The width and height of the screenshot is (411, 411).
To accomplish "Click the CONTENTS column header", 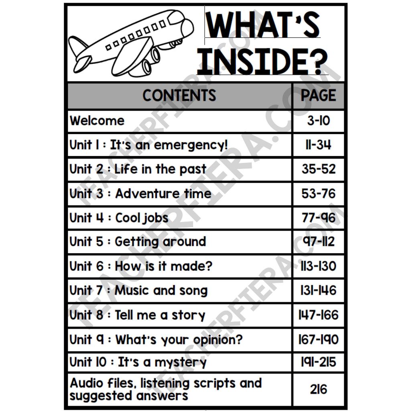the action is [179, 96].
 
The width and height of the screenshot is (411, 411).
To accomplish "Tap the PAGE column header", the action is [318, 96].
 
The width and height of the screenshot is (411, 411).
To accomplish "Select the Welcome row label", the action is [97, 120].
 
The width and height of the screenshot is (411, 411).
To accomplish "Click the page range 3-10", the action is [318, 120].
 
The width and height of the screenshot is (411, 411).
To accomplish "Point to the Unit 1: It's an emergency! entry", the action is [149, 145].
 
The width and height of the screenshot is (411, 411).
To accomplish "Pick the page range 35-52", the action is [318, 169].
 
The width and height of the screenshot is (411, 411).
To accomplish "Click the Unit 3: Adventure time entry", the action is [140, 193].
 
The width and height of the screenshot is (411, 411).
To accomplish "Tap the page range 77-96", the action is [318, 218].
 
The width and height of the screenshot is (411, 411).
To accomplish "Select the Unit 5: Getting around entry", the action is [138, 242].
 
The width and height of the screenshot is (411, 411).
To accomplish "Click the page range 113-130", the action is [318, 266].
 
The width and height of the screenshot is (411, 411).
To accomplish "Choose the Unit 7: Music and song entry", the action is [138, 291].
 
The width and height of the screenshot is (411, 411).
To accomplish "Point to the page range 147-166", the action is [318, 315].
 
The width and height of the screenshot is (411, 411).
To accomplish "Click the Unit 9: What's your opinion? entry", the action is [156, 340].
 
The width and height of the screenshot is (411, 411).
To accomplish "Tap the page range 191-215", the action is [318, 362].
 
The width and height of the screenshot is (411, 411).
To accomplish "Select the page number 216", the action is [318, 389].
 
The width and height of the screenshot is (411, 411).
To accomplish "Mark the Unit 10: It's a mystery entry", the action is [138, 362].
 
